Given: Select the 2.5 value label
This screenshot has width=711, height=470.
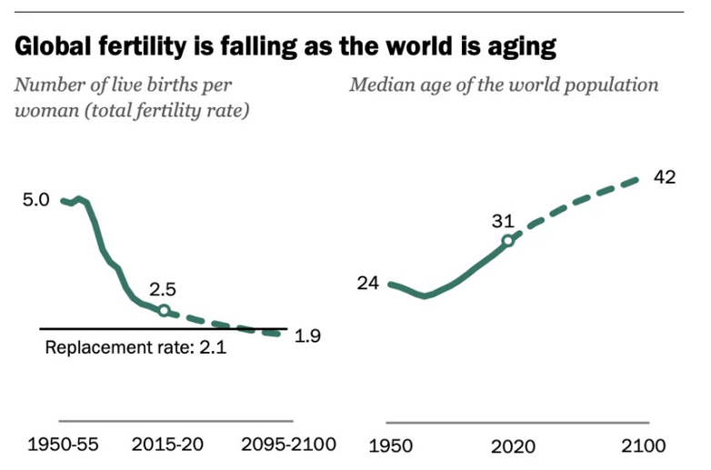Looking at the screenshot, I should pos(162,290).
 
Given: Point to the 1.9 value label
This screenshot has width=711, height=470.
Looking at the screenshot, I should pos(309,335).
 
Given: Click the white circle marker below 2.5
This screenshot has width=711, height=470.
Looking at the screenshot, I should pos(164,310).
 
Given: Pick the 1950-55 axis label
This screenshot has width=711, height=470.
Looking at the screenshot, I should pos(65,445).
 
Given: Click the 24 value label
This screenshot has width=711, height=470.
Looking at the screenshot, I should pos(367,284).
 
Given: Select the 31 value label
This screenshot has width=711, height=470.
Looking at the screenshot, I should pos(503,220).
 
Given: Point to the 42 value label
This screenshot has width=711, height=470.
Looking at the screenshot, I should pos(665,177).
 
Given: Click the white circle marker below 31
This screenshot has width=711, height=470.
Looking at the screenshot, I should pos(508,241).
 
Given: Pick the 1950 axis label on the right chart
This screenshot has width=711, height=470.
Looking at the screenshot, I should pos(388,446).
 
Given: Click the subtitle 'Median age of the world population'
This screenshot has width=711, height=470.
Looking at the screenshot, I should pos(504,85).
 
